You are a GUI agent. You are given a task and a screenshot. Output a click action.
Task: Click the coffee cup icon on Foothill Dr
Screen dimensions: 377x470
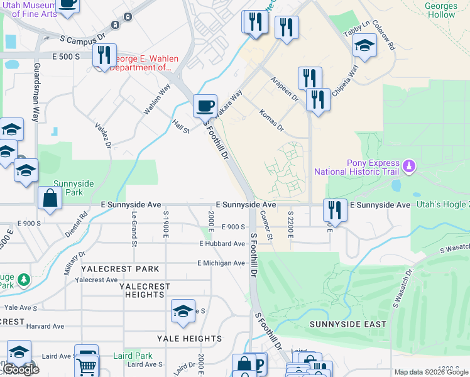coord(204,105)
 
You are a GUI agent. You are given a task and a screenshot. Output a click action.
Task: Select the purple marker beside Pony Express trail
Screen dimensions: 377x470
coord(410,166)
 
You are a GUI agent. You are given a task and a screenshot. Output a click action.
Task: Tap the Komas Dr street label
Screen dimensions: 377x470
coord(271,120)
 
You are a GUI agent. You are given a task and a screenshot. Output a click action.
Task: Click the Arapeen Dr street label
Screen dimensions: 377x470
coord(284,89)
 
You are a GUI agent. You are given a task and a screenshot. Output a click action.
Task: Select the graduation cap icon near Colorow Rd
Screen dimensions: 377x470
coord(364,45)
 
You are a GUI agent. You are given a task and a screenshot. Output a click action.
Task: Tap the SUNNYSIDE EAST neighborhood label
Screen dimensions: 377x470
coord(348,324)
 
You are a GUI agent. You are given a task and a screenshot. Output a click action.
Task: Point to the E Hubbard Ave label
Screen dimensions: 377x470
coord(222,243)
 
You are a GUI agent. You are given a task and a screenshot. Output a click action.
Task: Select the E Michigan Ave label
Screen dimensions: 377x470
coord(221,263)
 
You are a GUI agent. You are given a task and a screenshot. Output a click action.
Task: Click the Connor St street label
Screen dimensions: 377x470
coord(266,225)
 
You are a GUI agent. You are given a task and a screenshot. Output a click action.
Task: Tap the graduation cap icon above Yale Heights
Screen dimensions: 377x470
coord(183,311)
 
